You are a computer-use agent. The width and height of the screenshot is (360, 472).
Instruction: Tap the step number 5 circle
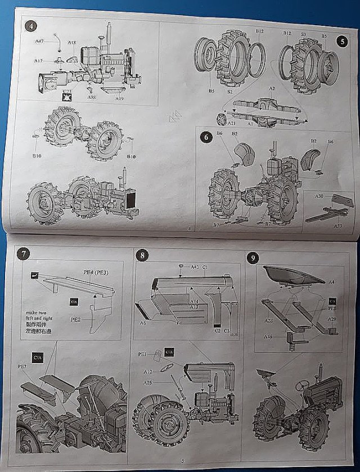[x=341, y=41]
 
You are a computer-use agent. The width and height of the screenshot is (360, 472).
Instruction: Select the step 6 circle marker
[x=206, y=137]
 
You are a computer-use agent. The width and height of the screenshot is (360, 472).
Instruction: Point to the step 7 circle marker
[x=24, y=253]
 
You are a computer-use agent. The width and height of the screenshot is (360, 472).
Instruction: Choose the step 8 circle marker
[x=143, y=255]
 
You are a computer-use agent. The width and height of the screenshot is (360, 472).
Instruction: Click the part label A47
[x=39, y=42]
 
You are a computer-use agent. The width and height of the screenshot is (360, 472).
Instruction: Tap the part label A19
[x=119, y=99]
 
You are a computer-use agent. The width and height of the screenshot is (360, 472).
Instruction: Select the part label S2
[x=229, y=90]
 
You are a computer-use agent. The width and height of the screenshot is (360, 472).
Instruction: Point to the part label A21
[x=232, y=122]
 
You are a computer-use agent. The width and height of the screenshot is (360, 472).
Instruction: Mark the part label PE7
[x=22, y=366]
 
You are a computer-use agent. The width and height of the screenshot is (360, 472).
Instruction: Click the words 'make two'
[x=35, y=313]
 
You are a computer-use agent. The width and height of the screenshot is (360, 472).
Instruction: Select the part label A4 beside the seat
[x=331, y=281]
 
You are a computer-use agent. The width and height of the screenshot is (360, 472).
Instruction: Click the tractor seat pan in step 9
[x=293, y=275]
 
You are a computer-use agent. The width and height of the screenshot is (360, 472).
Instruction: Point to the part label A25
[x=147, y=383]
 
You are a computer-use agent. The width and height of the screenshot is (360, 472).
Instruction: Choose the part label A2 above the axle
[x=272, y=88]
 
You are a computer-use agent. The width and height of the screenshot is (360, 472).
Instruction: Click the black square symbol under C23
[x=67, y=96]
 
